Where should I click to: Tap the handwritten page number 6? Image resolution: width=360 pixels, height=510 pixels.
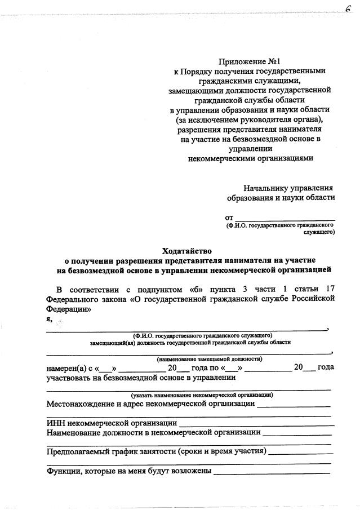(349, 7)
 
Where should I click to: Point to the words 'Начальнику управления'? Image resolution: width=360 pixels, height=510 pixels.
(288, 188)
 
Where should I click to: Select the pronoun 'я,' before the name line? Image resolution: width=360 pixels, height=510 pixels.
(50, 318)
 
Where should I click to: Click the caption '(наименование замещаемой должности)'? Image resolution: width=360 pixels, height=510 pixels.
(210, 358)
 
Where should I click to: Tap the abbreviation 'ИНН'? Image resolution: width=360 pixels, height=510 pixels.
(56, 423)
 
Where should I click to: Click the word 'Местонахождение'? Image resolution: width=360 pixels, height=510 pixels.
(81, 403)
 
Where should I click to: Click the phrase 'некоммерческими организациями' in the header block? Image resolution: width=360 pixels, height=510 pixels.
(250, 158)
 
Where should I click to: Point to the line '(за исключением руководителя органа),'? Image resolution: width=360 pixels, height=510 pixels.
(250, 119)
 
